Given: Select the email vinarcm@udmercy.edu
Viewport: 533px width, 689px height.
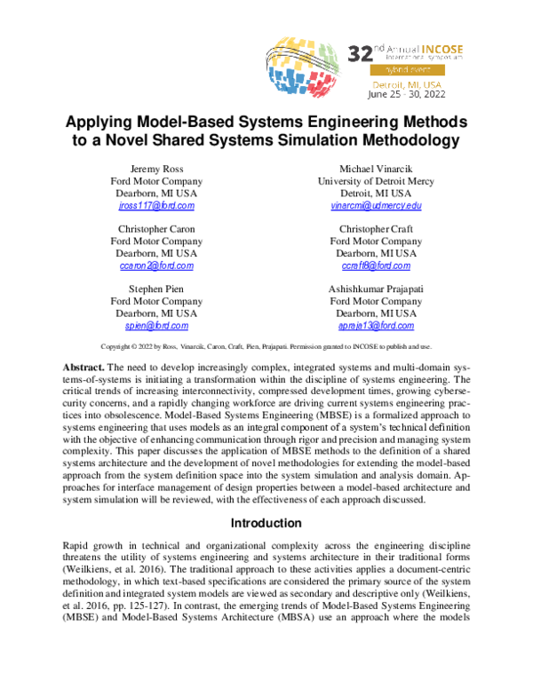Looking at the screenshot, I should [x=374, y=206].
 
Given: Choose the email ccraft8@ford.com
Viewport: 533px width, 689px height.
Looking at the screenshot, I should [x=374, y=266].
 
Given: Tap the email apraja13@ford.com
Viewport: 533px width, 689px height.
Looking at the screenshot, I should [x=374, y=327].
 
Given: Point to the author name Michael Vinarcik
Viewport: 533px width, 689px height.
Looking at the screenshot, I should [x=374, y=169].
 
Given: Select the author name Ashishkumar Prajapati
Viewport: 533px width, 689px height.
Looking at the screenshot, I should [x=374, y=289].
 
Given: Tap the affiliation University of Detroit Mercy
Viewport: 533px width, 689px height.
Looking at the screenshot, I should [x=374, y=181].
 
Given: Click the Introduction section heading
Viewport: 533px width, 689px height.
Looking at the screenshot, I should [x=266, y=523].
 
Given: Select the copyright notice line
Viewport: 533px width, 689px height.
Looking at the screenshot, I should [x=266, y=346].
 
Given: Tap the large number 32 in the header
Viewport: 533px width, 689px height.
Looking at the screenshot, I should [x=361, y=52].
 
